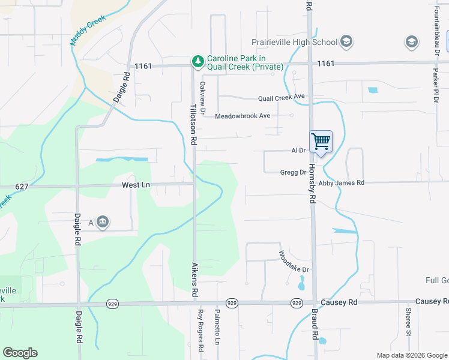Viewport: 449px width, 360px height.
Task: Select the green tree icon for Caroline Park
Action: tap(197, 61)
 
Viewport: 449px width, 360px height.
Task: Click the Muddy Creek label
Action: tap(88, 31)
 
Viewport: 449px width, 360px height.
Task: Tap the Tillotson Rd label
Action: tap(194, 123)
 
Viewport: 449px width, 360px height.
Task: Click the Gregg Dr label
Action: tap(293, 172)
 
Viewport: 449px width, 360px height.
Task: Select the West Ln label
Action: tap(135, 185)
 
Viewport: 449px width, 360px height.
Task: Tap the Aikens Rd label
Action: tap(194, 278)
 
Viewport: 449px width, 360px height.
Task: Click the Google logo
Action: tap(20, 353)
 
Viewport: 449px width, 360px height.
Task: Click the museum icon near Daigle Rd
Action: tap(103, 223)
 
